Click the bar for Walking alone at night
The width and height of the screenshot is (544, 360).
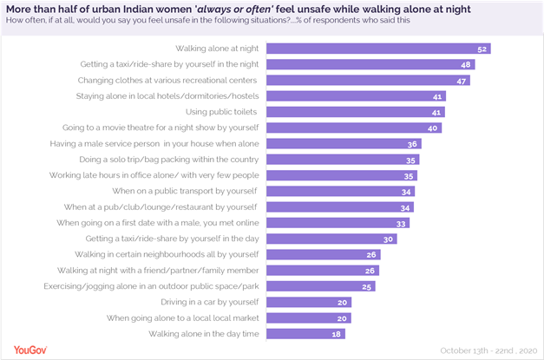378,49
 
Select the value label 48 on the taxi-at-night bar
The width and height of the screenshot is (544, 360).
466,64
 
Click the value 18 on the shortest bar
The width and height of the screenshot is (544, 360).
336,334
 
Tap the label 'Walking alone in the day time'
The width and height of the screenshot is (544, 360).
204,334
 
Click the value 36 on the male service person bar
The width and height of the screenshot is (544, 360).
413,144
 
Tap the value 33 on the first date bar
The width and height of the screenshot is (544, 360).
400,223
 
